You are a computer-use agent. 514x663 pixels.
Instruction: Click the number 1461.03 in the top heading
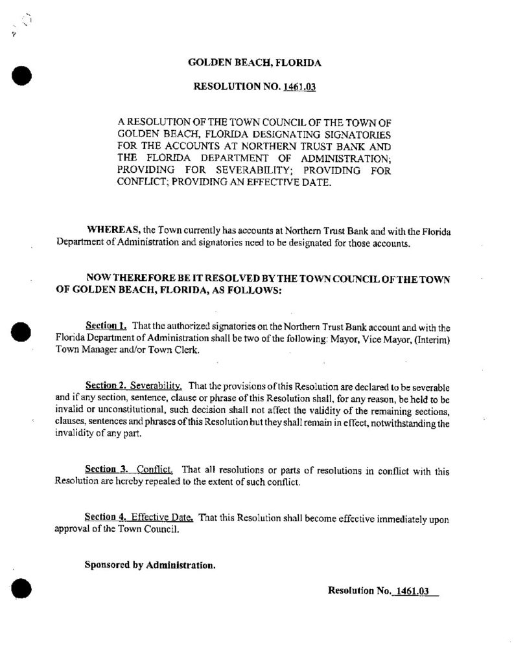pos(299,85)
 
